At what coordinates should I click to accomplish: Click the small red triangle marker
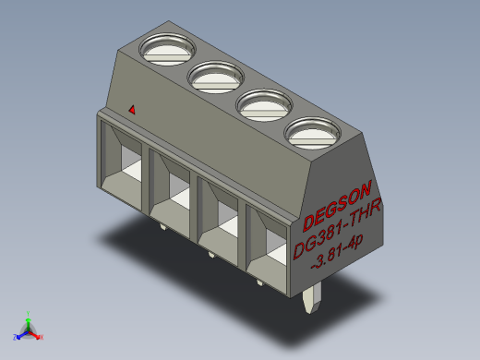pos(132,110)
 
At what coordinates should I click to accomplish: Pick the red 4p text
pos(354,242)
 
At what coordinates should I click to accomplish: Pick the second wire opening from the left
pos(171,192)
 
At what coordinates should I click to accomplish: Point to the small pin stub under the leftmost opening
pos(162,224)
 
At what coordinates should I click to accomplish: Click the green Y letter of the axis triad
pos(30,313)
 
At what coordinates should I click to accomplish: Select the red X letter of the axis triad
pos(42,336)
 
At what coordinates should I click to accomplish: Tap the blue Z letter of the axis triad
pos(16,336)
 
